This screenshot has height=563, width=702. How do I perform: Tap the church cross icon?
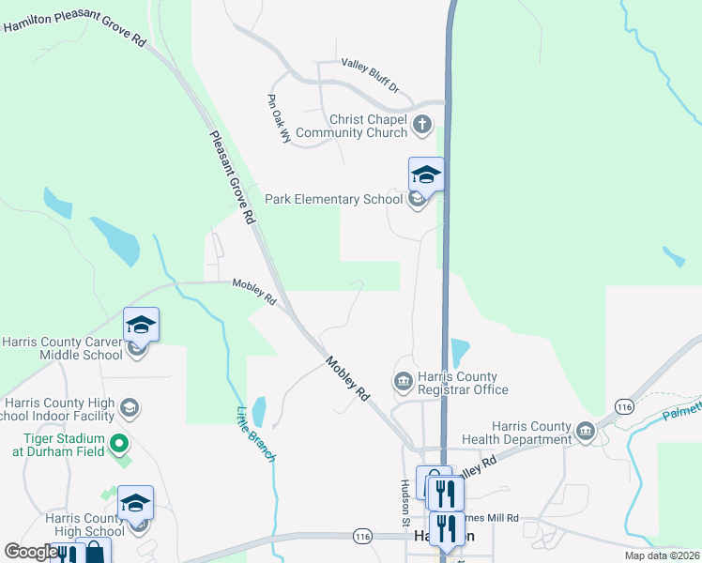click(423, 123)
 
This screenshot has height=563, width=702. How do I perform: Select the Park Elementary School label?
click(333, 199)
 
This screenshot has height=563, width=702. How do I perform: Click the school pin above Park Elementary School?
click(426, 175)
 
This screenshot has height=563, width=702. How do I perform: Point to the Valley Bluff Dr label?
click(371, 75)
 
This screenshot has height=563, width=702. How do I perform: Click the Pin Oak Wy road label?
click(280, 118)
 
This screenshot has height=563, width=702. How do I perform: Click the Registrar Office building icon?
click(403, 381)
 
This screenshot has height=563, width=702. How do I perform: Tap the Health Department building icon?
click(586, 432)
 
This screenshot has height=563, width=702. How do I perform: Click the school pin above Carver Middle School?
click(141, 325)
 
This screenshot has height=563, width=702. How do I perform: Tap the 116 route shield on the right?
click(624, 405)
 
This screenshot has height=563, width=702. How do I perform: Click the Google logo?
click(31, 552)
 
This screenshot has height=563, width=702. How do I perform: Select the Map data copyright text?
click(662, 555)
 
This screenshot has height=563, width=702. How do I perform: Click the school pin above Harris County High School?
click(135, 503)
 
